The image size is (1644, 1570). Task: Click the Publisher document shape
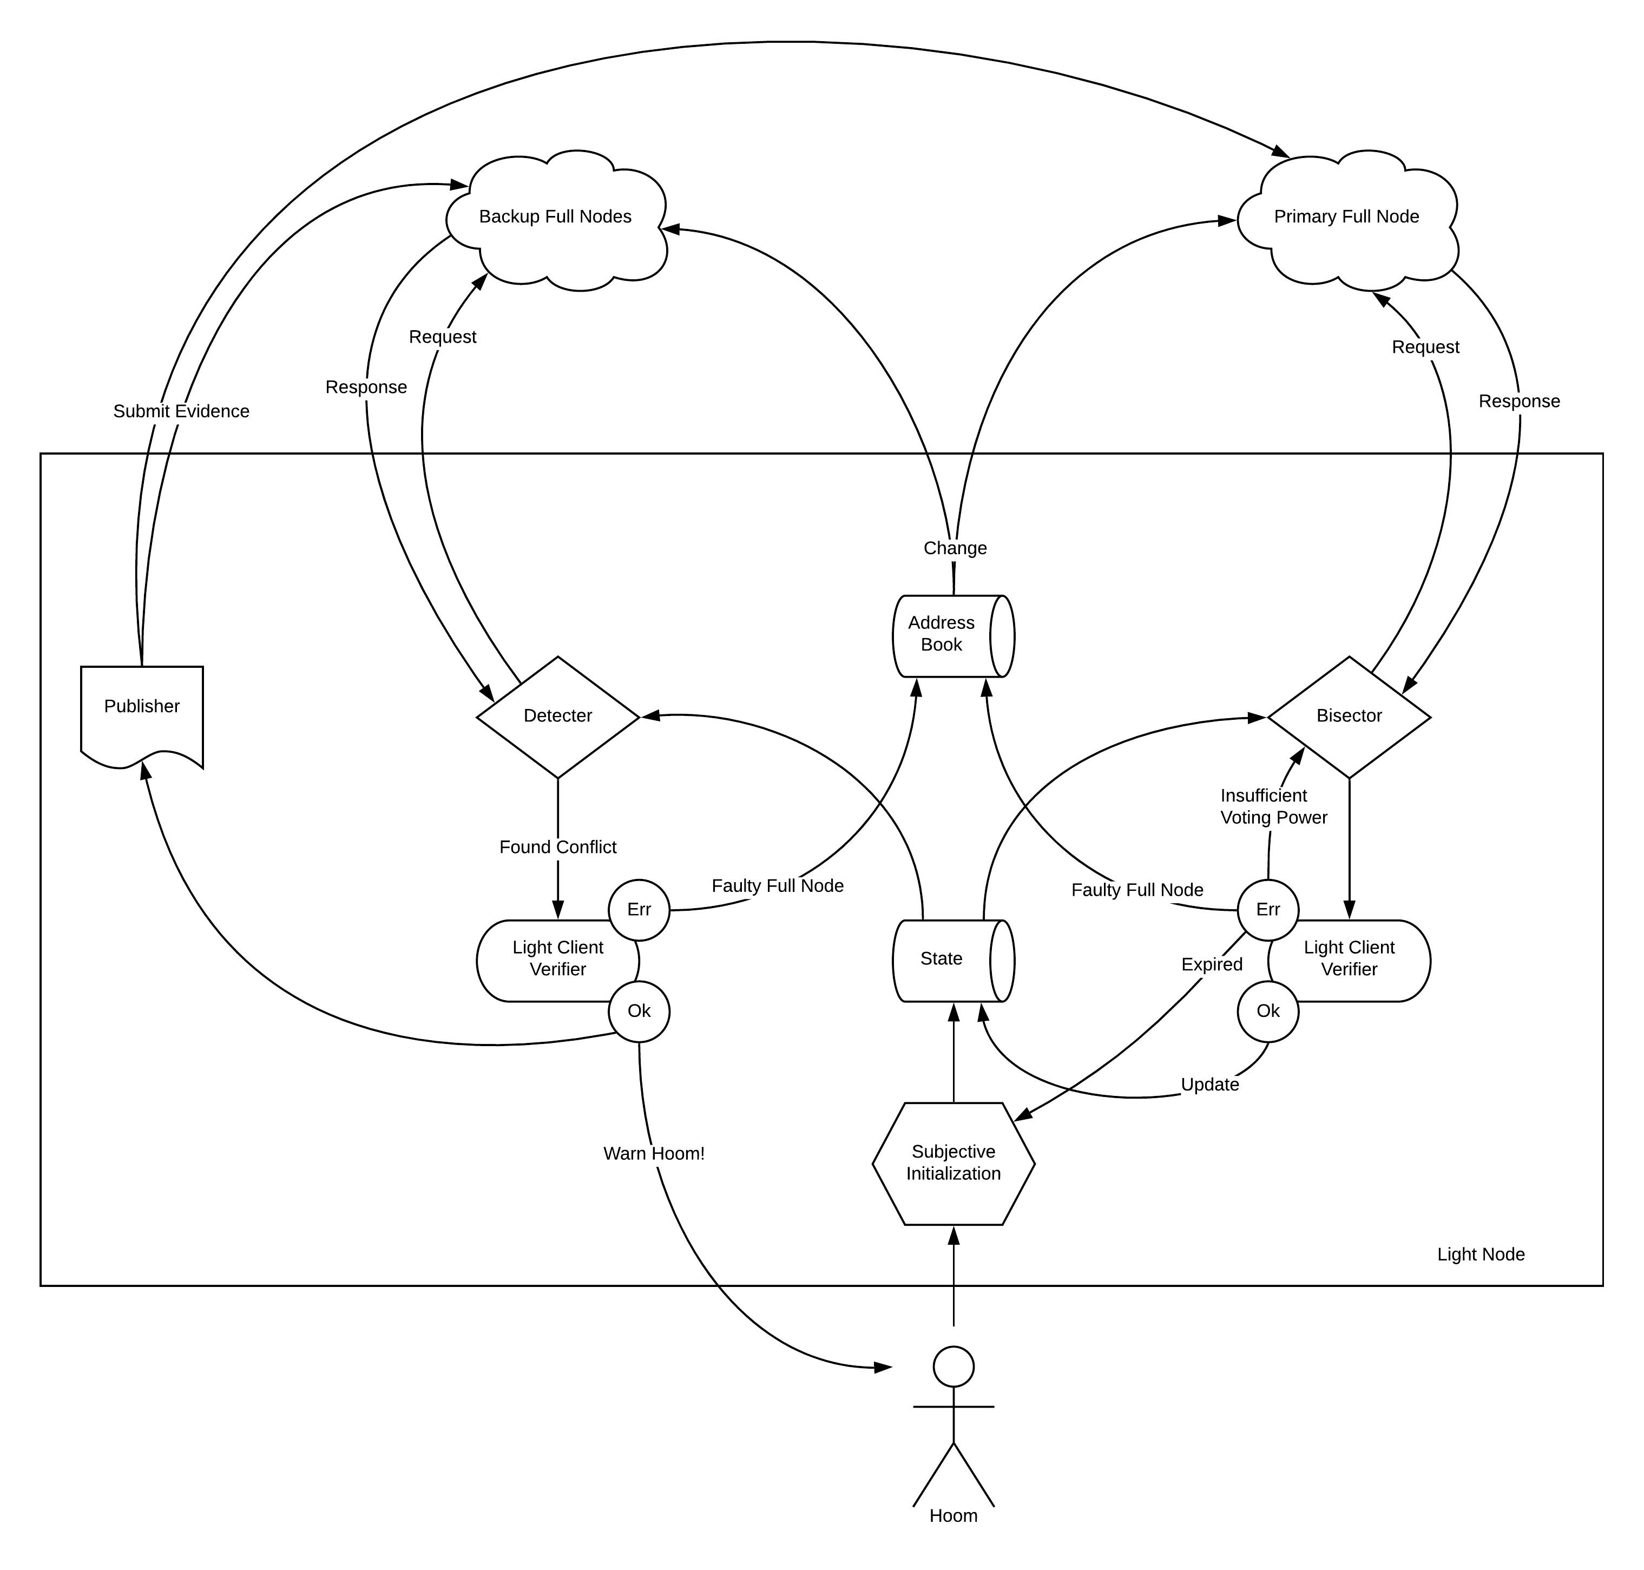tap(141, 711)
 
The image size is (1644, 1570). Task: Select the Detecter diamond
tap(557, 717)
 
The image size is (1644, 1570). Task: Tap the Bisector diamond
tap(1348, 717)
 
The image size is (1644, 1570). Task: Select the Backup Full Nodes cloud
tap(556, 218)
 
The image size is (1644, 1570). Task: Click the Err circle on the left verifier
tap(639, 910)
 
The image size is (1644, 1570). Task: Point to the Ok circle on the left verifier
tap(639, 1011)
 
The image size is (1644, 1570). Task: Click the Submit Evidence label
tap(181, 411)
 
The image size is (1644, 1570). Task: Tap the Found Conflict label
tap(557, 847)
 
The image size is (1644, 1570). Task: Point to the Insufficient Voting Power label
tap(1273, 806)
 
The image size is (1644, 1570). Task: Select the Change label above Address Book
tap(955, 548)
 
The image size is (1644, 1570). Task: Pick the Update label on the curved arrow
tap(1209, 1085)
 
